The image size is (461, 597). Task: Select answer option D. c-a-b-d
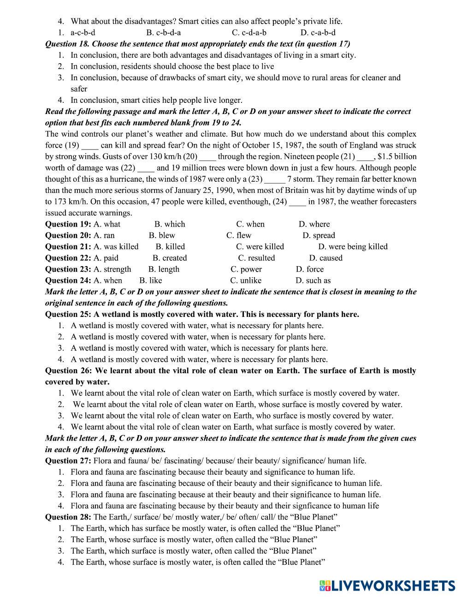(x=318, y=32)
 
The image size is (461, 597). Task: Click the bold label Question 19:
(x=68, y=224)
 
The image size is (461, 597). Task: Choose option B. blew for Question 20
(x=162, y=235)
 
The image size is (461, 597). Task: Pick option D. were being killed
(x=353, y=247)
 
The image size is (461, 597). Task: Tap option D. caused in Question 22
(x=325, y=258)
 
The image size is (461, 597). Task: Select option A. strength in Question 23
(x=112, y=269)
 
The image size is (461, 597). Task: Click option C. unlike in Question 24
(x=246, y=281)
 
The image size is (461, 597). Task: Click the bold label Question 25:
(x=68, y=314)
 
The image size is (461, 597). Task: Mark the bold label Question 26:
(x=68, y=370)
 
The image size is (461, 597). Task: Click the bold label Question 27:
(x=68, y=460)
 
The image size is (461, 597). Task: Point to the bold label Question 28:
(x=68, y=517)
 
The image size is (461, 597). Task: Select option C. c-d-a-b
(x=249, y=32)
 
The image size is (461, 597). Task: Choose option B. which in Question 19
(x=170, y=224)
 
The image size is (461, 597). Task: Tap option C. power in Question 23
(x=246, y=269)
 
